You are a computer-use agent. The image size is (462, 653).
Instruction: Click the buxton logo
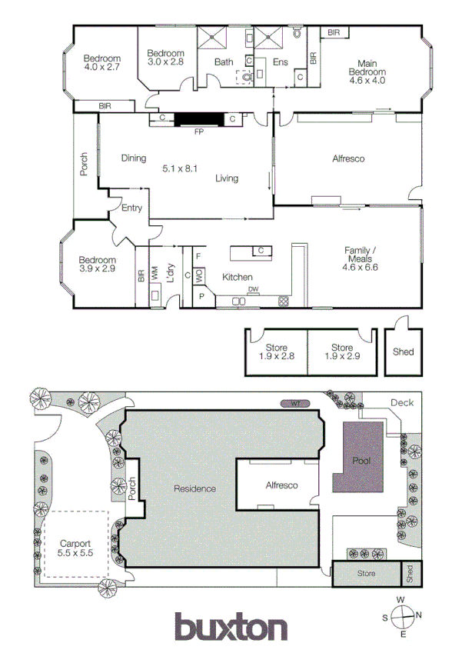231,628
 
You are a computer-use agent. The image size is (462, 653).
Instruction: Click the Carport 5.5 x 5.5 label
75,548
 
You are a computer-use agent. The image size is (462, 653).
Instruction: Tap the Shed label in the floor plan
403,351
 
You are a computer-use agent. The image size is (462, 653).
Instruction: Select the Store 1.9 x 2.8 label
276,352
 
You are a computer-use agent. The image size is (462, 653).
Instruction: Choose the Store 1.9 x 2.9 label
342,352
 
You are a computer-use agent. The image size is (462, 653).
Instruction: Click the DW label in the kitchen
253,289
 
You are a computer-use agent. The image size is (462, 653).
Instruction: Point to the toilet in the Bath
246,77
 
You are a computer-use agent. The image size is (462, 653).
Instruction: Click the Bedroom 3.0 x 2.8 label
165,57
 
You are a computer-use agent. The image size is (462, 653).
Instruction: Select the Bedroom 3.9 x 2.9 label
98,265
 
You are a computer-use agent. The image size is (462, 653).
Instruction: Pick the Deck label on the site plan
401,402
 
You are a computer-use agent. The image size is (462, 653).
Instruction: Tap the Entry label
132,208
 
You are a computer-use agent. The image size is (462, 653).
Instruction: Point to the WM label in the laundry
154,271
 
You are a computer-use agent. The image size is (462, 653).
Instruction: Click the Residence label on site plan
194,488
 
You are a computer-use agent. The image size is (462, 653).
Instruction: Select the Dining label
134,158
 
